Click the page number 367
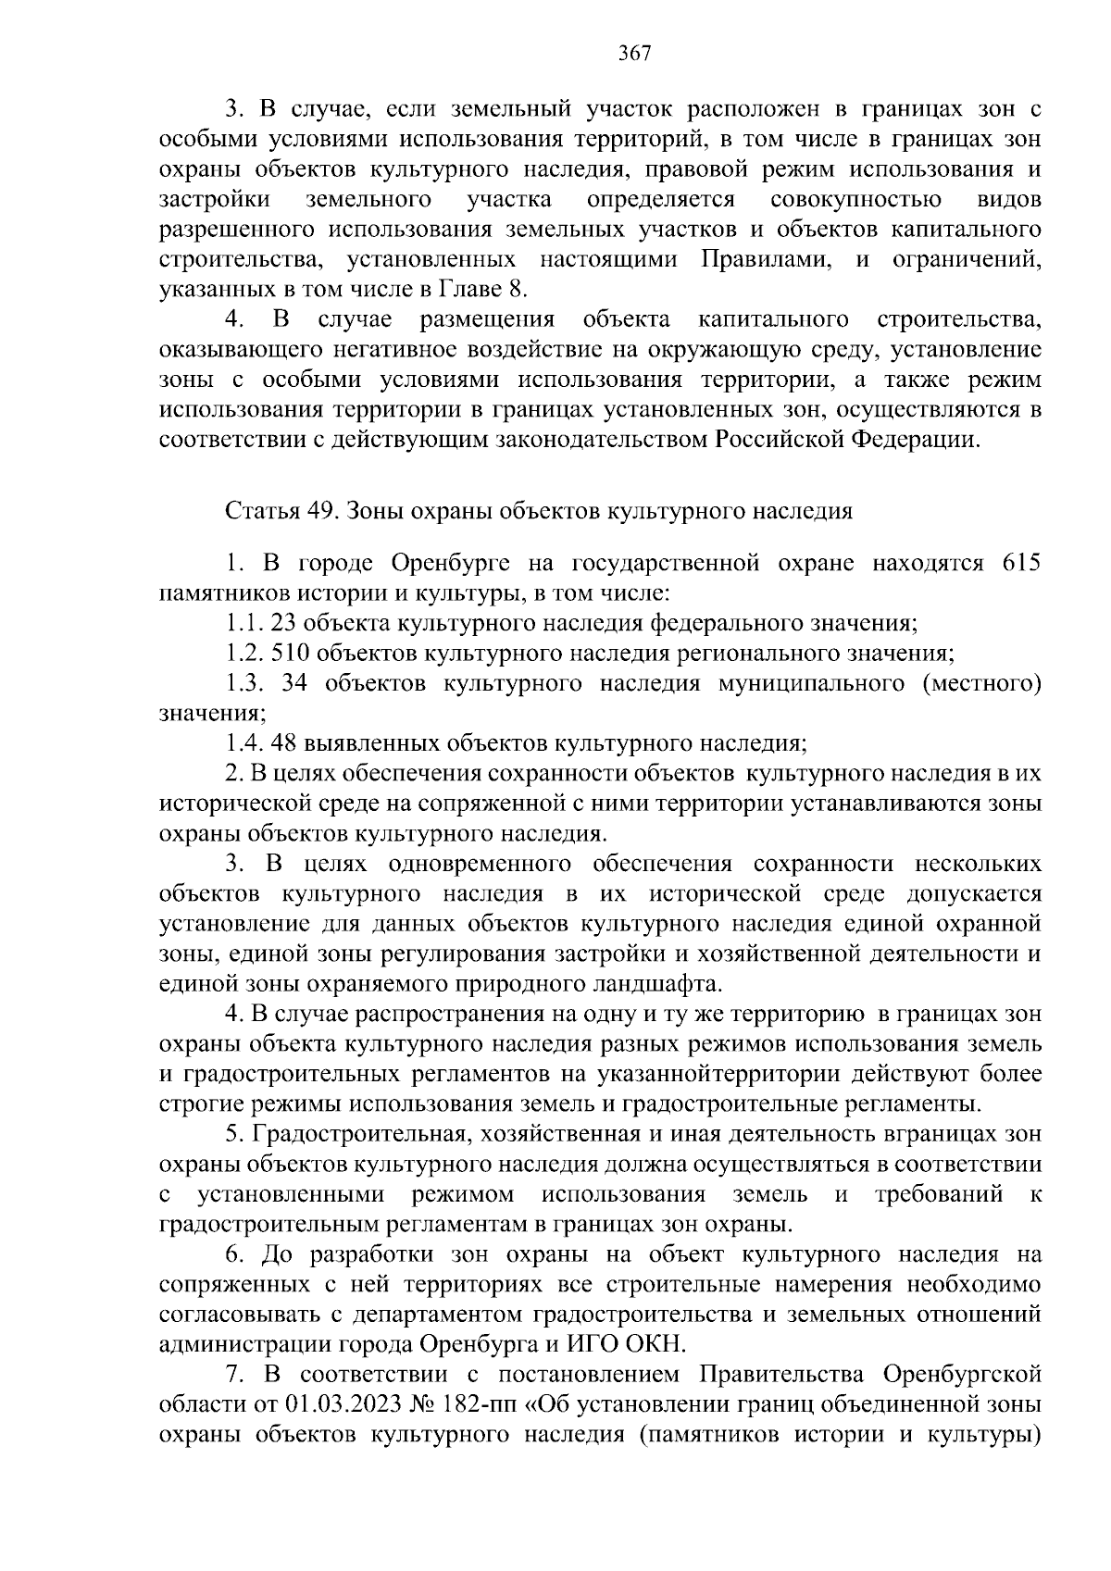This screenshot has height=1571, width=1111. [x=635, y=53]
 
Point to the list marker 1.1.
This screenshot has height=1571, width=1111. [x=243, y=623]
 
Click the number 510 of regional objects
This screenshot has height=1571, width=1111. [x=291, y=654]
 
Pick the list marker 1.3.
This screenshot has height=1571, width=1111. [x=244, y=683]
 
